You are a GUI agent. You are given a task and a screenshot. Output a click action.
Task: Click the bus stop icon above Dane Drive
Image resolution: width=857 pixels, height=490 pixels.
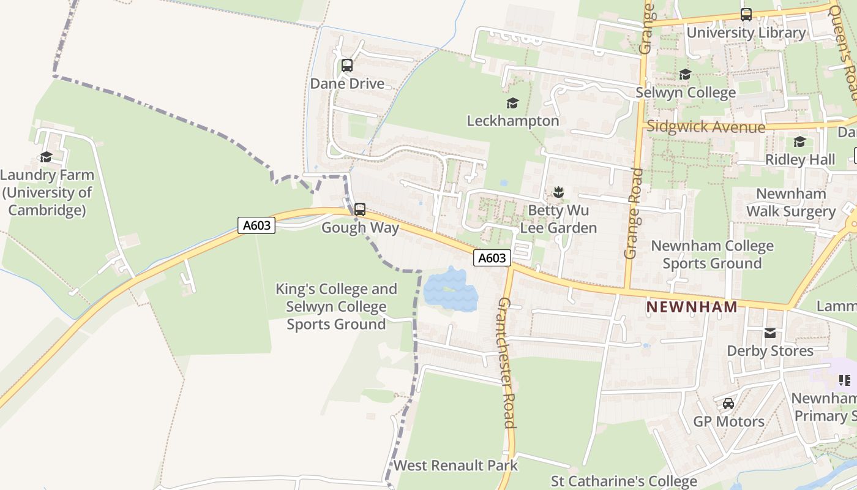click(347, 66)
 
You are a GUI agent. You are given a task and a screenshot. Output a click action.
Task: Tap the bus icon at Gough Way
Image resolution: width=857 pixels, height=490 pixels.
click(360, 209)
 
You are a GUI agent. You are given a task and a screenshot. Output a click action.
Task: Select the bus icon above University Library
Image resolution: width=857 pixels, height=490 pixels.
click(746, 15)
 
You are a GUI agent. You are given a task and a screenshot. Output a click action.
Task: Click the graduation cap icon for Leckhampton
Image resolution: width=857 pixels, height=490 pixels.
click(512, 103)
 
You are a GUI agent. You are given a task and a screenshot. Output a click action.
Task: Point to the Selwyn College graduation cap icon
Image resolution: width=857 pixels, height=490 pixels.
click(685, 75)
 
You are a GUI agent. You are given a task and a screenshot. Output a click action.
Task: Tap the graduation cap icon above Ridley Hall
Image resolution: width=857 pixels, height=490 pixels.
click(799, 142)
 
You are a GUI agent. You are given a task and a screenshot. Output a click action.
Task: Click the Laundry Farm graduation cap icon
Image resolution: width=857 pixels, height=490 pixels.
click(46, 157)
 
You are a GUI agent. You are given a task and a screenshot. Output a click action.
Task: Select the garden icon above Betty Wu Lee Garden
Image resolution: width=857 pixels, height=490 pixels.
click(558, 192)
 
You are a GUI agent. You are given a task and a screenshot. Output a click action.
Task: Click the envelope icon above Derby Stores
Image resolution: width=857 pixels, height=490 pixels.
click(769, 333)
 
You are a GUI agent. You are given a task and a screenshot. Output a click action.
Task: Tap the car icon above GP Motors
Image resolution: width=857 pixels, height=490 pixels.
click(728, 404)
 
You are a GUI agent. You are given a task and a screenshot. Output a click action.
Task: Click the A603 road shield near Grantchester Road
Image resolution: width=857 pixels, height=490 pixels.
click(492, 258)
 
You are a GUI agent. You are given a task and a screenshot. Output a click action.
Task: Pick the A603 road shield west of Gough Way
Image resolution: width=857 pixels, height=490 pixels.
click(256, 225)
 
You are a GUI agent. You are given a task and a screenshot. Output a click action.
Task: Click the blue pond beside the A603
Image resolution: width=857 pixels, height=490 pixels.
click(451, 289)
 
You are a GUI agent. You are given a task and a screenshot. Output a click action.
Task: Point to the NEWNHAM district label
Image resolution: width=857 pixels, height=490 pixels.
click(692, 307)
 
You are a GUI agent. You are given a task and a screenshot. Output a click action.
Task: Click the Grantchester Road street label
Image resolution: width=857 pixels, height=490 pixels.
click(507, 363)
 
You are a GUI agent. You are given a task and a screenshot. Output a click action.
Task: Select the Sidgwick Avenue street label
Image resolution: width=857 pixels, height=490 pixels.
click(706, 127)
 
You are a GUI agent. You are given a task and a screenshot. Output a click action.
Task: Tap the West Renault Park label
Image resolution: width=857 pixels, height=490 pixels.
click(455, 466)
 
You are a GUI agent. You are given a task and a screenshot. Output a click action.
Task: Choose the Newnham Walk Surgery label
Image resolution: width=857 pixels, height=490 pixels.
click(791, 203)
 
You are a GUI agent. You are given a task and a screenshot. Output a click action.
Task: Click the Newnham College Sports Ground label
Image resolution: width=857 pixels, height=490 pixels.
click(712, 255)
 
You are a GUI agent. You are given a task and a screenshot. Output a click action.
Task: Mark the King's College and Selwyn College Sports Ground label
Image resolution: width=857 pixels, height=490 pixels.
click(336, 306)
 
